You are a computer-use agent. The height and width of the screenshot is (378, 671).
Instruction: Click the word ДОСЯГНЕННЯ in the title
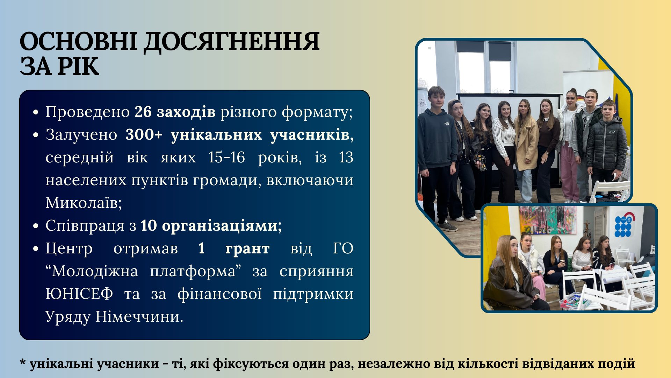232,42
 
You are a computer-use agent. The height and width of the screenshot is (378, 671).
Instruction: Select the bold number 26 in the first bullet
143,112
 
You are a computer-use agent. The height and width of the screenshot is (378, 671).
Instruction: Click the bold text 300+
144,135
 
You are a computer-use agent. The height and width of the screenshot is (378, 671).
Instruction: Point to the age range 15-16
226,157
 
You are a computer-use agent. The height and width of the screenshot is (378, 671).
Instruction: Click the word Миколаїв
84,203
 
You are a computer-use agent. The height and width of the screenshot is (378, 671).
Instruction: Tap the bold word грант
247,249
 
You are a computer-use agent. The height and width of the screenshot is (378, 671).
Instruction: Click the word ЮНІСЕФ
79,294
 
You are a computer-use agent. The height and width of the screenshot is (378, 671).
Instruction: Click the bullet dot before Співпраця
35,226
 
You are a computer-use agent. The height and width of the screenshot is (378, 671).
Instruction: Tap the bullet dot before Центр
35,249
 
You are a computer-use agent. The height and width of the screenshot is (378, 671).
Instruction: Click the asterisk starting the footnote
23,362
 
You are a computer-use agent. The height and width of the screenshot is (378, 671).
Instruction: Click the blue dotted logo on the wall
623,226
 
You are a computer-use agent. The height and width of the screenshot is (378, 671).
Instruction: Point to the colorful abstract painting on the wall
548,220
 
